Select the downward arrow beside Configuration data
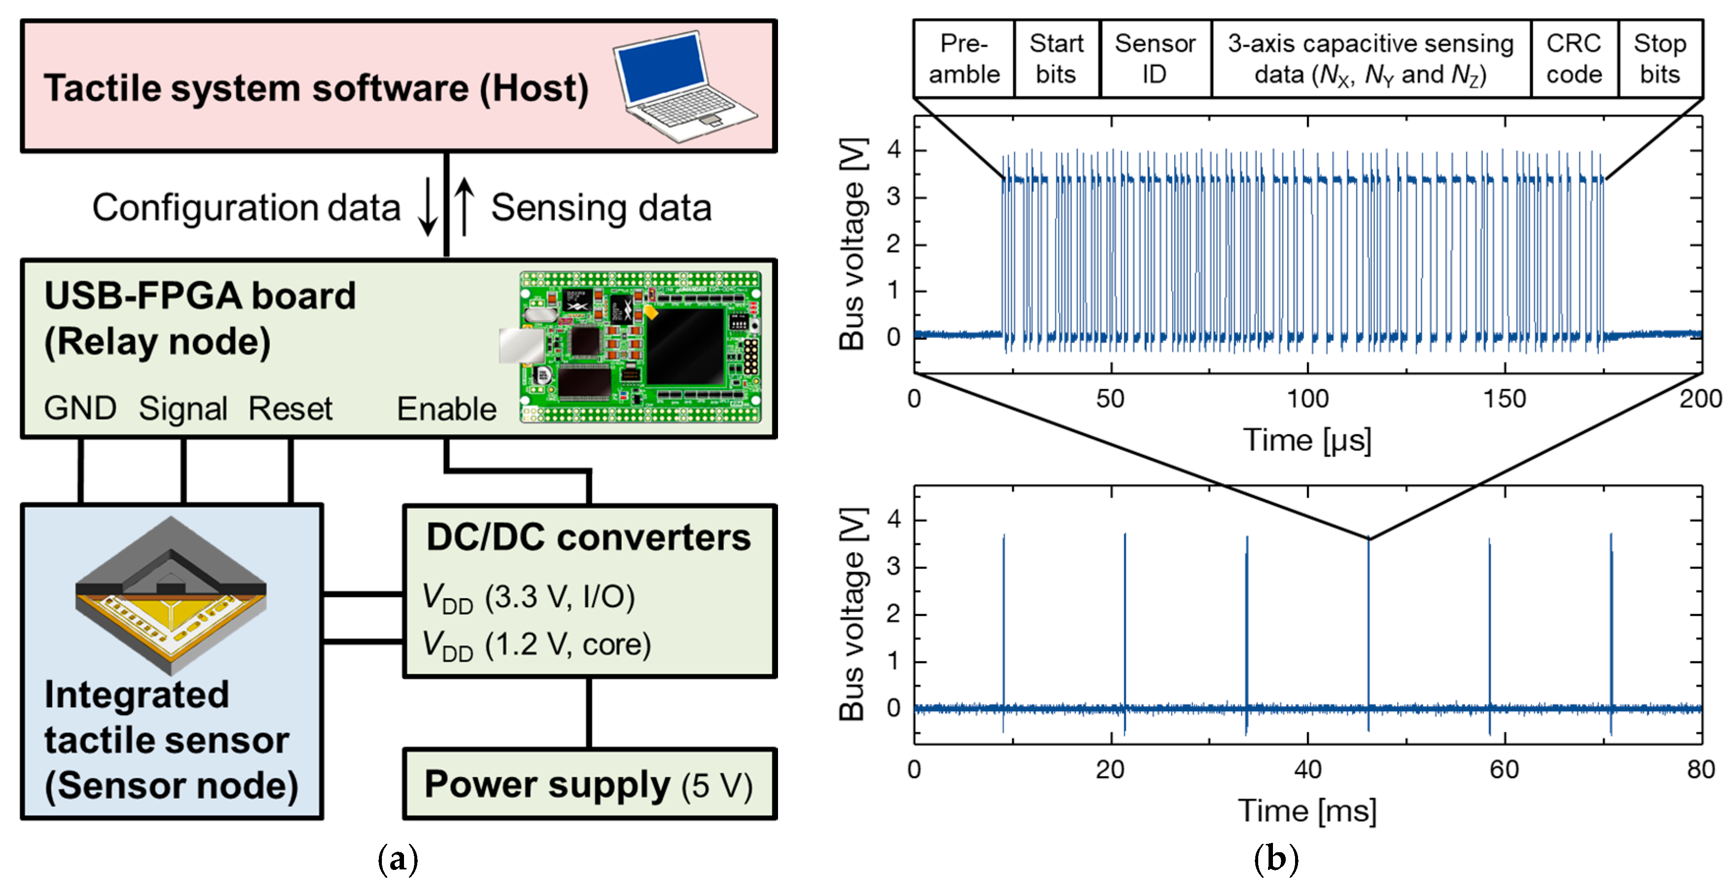pos(428,206)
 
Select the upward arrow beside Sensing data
pos(464,206)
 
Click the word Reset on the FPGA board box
pos(290,409)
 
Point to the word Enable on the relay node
pos(446,409)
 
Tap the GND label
pos(80,409)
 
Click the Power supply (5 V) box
pos(589,784)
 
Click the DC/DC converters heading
pos(589,538)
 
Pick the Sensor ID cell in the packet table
pos(1155,59)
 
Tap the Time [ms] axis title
pos(1307,810)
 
